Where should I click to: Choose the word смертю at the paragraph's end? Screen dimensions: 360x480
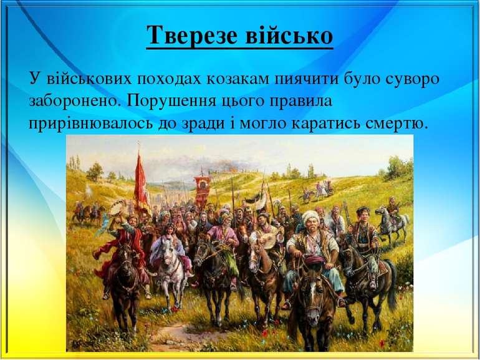point(396,122)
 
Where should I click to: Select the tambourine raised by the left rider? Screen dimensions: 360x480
point(117,208)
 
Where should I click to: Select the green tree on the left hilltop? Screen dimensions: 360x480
point(95,170)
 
